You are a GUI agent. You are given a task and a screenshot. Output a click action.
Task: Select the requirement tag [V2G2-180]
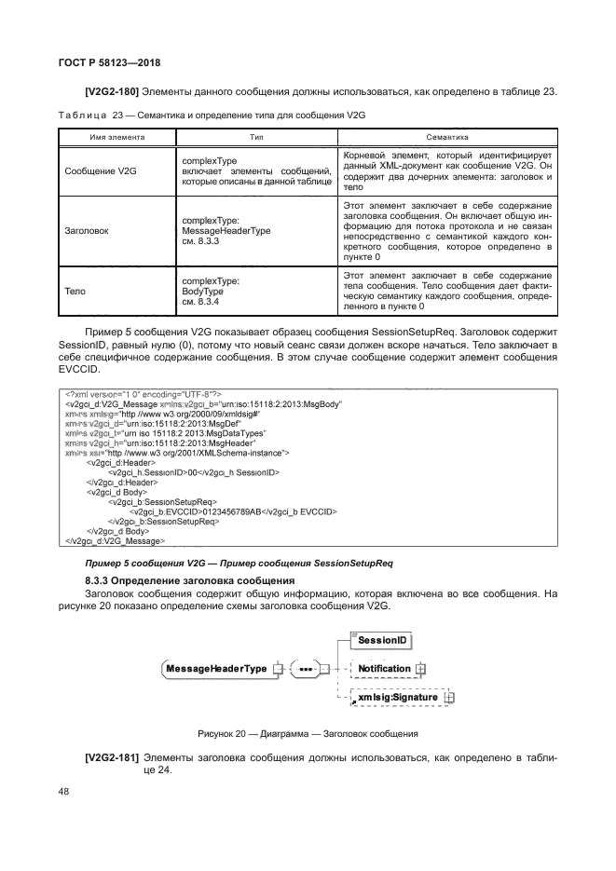click(x=116, y=91)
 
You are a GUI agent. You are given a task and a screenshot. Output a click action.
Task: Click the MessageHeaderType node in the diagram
click(x=215, y=669)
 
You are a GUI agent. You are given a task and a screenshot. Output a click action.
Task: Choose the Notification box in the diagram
click(x=384, y=669)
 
